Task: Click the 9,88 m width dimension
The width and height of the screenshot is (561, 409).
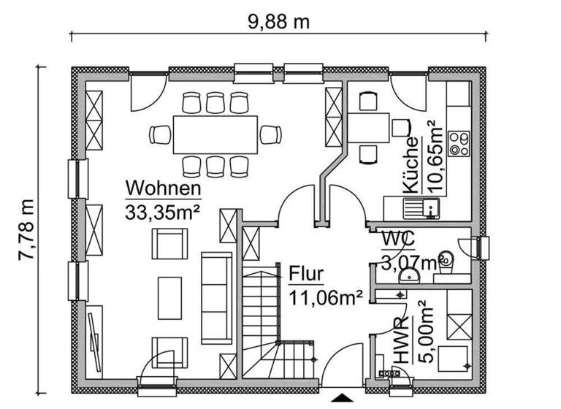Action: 278,21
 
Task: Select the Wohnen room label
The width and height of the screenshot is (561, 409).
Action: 162,188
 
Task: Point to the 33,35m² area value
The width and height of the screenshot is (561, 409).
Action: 162,213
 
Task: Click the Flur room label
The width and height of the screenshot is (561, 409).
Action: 306,275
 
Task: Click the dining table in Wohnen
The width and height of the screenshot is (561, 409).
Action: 215,134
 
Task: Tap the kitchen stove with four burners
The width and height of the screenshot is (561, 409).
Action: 458,142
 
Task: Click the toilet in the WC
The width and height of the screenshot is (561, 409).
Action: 447,258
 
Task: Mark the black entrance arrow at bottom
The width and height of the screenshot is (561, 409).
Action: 341,398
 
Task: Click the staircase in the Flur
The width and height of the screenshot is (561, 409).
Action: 262,321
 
